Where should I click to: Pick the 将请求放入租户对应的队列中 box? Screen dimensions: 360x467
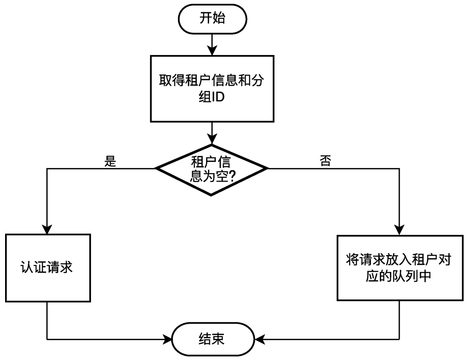399,268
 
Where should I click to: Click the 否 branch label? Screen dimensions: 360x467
326,162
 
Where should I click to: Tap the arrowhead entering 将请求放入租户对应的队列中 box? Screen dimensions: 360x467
399,229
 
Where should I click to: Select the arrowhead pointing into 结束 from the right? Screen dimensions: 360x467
259,339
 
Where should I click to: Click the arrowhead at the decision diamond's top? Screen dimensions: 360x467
212,138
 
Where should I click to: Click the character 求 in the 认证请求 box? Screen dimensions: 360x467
67,268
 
